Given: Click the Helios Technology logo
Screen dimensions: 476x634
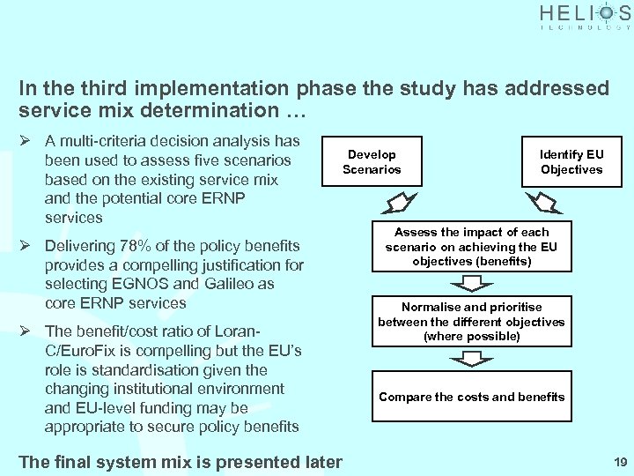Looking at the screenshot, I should pos(585,17).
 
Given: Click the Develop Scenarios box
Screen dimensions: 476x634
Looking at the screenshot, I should pos(372,161).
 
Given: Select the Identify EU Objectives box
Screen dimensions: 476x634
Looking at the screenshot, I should pos(571,161).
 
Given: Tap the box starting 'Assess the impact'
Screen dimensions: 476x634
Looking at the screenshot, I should pos(471,247).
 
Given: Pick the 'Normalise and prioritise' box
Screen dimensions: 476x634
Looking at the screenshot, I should pos(471,322).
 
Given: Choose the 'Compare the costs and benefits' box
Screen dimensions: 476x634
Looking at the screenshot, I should pos(471,397).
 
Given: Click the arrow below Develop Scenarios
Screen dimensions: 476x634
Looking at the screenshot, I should pos(389,204).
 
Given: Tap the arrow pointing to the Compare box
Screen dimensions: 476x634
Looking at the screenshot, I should pos(472,360).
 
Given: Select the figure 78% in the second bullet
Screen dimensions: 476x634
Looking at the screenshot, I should pos(131,246).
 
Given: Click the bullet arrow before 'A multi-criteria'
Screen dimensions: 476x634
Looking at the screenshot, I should pos(26,141).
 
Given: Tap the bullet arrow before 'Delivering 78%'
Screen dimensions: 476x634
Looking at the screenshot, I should pos(26,246).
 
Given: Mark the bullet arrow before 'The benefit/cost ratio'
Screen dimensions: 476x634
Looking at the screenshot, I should pos(26,331).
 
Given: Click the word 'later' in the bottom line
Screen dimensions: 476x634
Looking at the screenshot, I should pos(321,462).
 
